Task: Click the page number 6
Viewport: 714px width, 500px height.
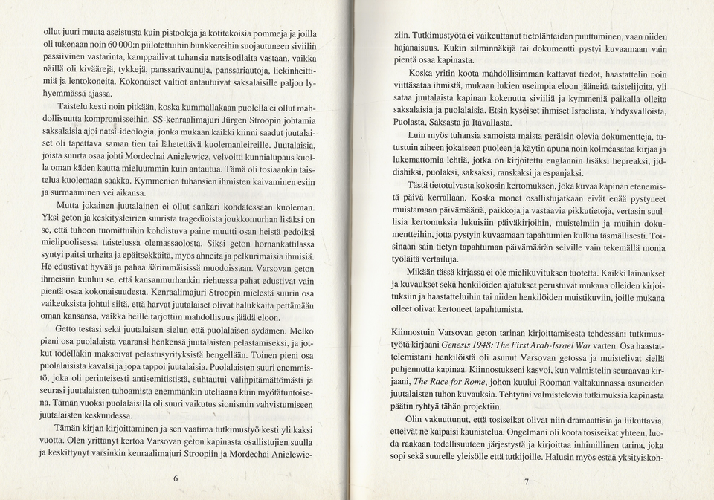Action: pos(176,478)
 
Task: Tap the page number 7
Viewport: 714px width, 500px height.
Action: pos(526,482)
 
